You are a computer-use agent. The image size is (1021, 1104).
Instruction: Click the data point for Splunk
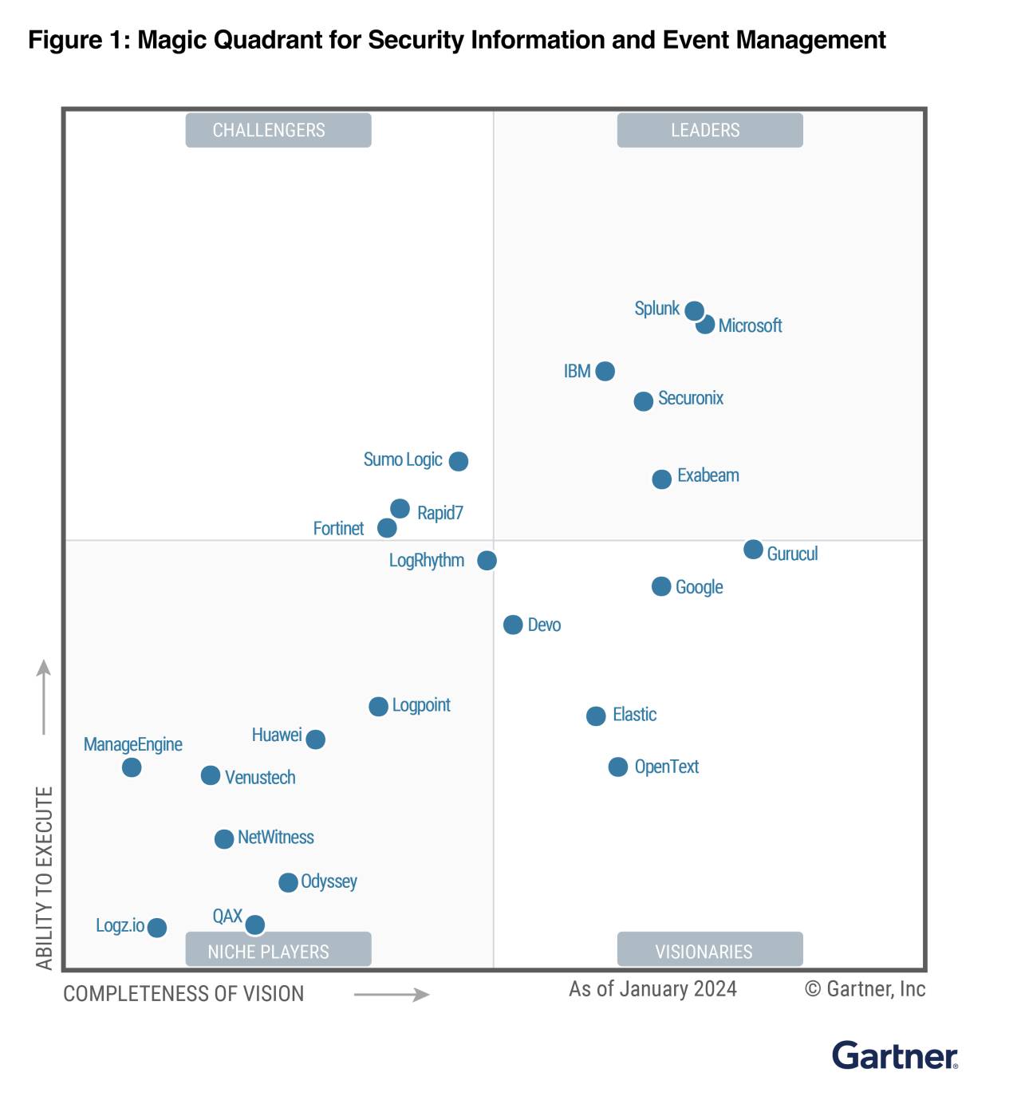pos(694,310)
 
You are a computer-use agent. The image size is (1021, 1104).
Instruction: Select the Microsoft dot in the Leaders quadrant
pos(705,325)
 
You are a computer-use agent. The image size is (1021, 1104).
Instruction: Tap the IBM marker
pos(605,371)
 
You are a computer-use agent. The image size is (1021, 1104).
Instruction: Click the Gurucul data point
pos(753,549)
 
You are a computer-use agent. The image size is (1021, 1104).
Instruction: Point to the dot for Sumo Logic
pos(458,461)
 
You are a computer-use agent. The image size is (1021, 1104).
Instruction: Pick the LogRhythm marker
pos(487,561)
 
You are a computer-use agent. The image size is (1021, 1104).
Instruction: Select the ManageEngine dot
pos(132,767)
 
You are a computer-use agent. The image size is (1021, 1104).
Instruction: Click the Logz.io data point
pos(157,928)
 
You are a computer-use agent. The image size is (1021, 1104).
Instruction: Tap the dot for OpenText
pos(618,767)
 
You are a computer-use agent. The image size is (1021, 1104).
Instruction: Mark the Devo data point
pos(513,625)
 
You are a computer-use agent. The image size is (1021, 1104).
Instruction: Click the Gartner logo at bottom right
pos(894,1055)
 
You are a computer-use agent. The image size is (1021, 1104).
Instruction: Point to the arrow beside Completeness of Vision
pos(392,995)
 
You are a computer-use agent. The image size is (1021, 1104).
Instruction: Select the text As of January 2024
pos(652,989)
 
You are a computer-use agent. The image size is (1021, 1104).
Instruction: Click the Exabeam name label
pos(708,475)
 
